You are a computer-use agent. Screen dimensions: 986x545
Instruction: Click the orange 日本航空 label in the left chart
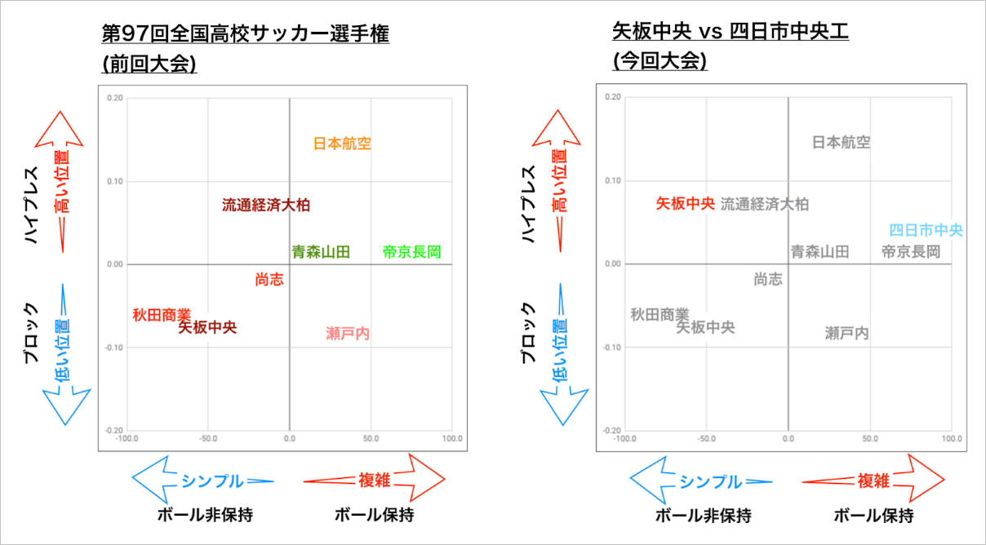click(342, 144)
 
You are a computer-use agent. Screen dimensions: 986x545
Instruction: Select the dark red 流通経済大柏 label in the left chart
click(266, 205)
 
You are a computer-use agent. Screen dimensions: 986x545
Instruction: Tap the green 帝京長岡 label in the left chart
click(411, 252)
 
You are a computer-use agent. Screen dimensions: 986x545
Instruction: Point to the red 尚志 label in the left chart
click(269, 279)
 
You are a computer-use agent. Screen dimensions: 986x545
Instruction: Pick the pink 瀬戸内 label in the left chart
click(348, 334)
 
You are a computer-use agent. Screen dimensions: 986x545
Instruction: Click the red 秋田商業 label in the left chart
click(162, 315)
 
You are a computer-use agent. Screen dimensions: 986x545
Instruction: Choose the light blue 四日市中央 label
click(926, 230)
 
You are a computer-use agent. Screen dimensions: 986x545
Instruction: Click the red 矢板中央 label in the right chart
click(686, 203)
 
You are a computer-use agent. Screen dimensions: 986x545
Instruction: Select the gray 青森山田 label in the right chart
click(820, 251)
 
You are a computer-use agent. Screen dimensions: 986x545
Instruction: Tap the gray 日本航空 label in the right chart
click(842, 142)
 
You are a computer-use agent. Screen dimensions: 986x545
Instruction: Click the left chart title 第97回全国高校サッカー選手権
click(246, 33)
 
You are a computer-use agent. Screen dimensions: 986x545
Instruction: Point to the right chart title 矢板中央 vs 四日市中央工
click(731, 31)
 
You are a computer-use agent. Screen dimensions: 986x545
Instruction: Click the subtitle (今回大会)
click(660, 60)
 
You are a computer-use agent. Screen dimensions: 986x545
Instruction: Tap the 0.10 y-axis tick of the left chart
click(115, 181)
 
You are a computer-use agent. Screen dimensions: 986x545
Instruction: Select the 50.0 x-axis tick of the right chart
click(870, 439)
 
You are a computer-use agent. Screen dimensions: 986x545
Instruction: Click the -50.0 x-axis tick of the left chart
click(208, 439)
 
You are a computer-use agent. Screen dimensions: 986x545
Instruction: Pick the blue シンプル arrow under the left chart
click(203, 480)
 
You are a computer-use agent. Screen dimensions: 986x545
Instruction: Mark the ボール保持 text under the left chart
click(374, 515)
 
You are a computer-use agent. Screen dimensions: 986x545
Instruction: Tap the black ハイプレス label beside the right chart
click(528, 204)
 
